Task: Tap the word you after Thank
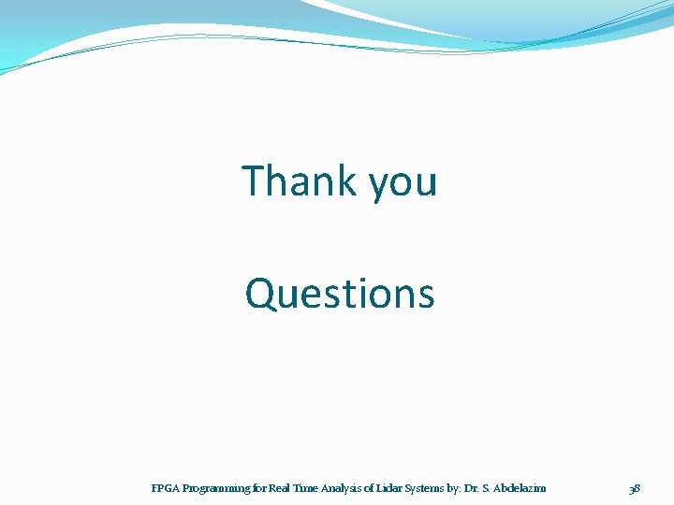[x=403, y=184]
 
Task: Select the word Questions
[x=340, y=293]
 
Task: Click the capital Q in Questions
[x=258, y=294]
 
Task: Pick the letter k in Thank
[x=349, y=180]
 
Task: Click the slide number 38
[x=635, y=488]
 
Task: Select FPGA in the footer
[x=165, y=488]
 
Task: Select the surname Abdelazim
[x=520, y=488]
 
